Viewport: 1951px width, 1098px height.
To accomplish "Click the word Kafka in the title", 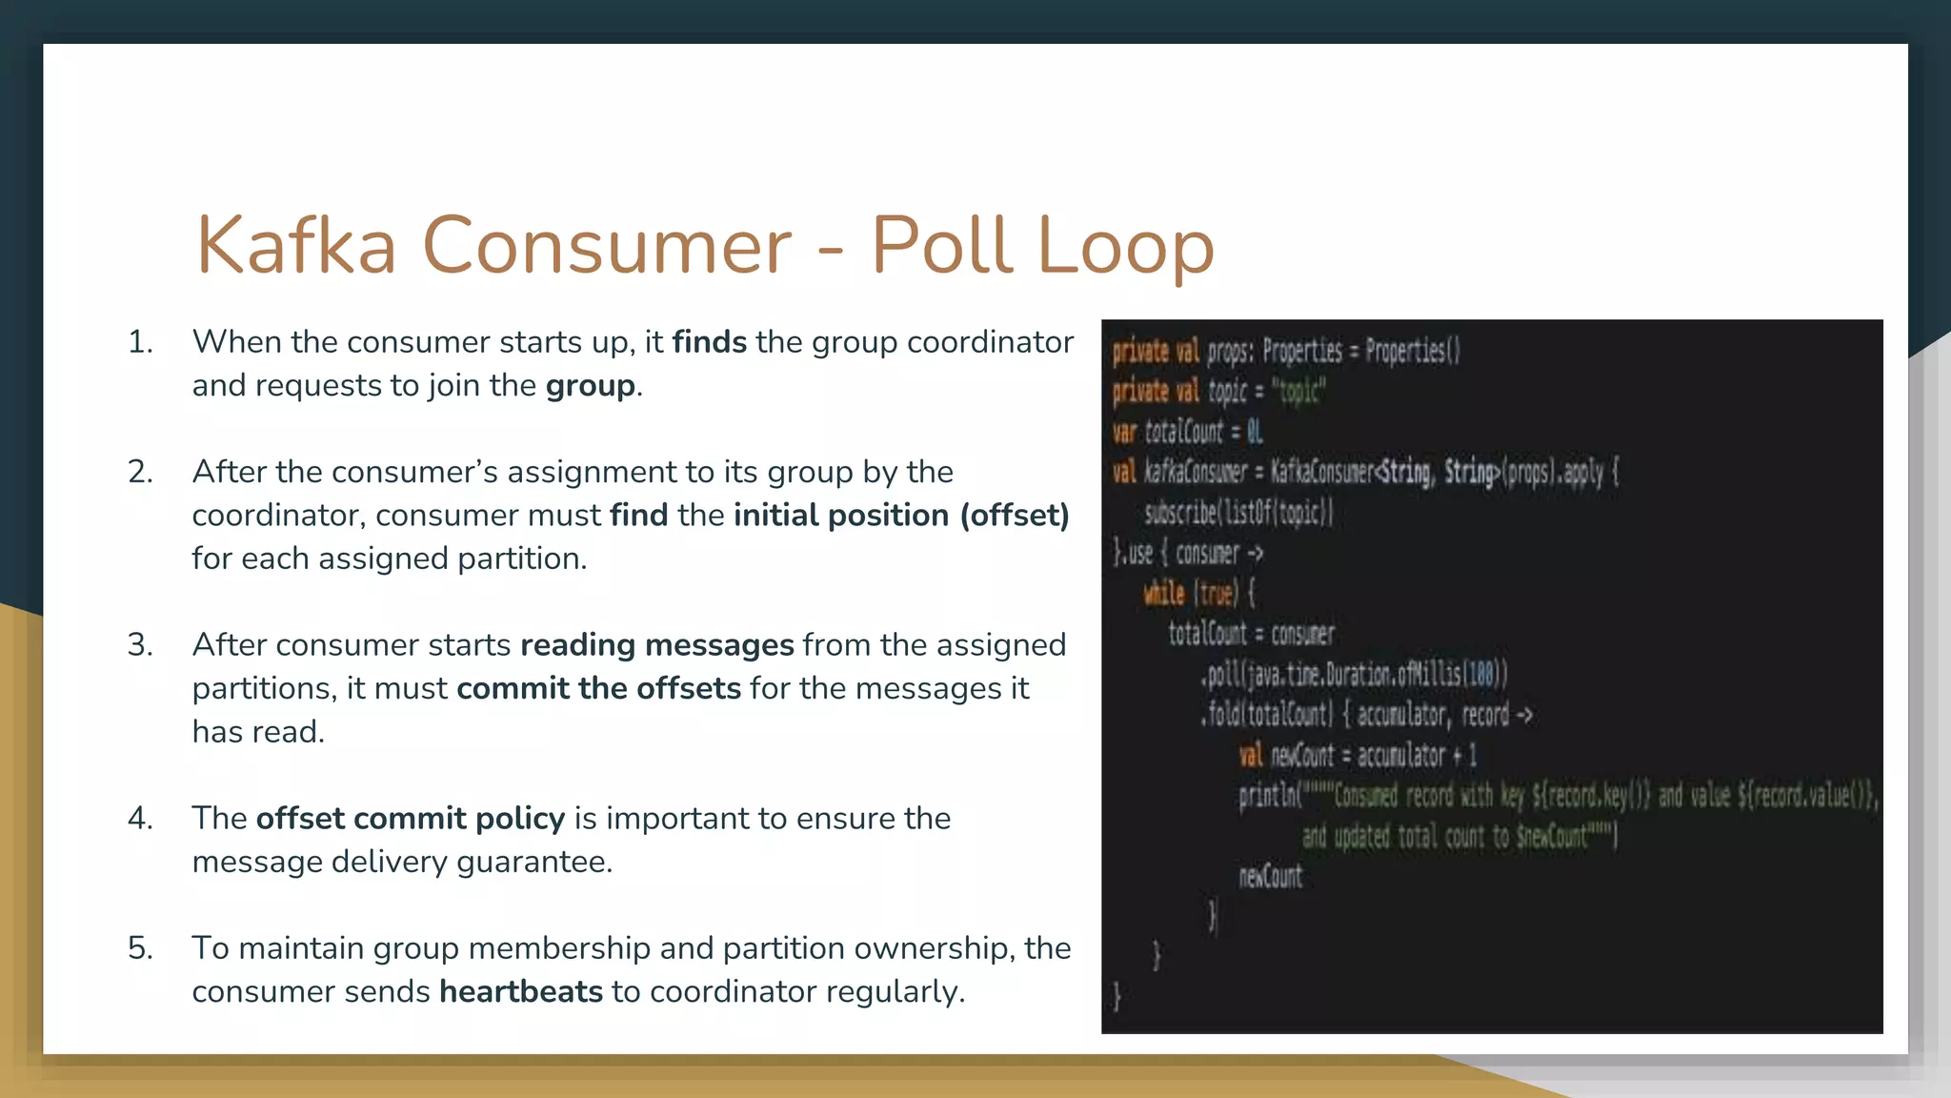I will click(295, 246).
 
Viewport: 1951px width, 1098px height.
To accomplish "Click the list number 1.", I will click(139, 342).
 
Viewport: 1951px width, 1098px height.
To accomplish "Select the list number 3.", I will click(139, 645).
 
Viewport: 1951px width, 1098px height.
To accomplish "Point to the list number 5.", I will click(139, 948).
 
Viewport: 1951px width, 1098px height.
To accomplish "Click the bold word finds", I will click(709, 342).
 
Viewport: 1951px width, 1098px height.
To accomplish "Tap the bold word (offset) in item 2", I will click(1014, 516).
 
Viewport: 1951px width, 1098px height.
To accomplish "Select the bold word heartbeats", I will click(520, 992).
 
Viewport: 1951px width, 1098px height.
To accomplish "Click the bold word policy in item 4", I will click(520, 819).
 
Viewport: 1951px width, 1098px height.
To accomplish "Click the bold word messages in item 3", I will click(719, 645).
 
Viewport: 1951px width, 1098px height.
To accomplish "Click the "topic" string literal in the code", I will click(1297, 392).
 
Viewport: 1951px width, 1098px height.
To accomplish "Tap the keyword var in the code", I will click(1125, 432).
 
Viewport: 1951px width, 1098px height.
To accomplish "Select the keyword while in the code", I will click(1164, 594).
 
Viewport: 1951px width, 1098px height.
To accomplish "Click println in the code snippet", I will click(1267, 796).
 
